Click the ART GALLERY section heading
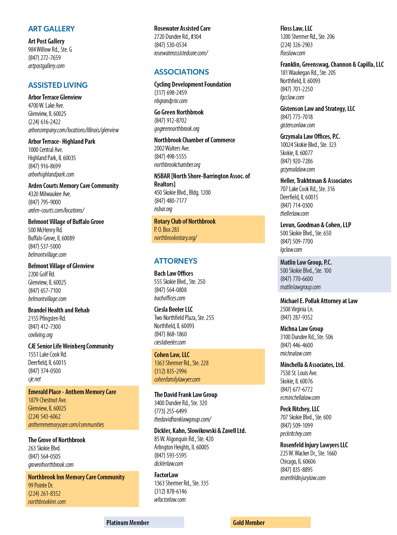51,29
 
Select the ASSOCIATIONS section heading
181,72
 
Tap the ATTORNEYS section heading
176,261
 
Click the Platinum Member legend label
128,523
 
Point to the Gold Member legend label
249,523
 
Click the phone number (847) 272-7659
44,58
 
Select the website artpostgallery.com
46,66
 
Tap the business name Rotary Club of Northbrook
185,221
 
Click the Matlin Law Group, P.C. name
306,262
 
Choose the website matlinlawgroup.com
300,287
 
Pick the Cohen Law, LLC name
172,355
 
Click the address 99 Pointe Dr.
41,485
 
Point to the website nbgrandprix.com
171,101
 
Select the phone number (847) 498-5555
170,157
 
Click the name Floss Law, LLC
296,29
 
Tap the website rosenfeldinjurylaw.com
303,478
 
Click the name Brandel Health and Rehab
59,310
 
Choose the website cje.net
35,379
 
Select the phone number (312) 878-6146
170,491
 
